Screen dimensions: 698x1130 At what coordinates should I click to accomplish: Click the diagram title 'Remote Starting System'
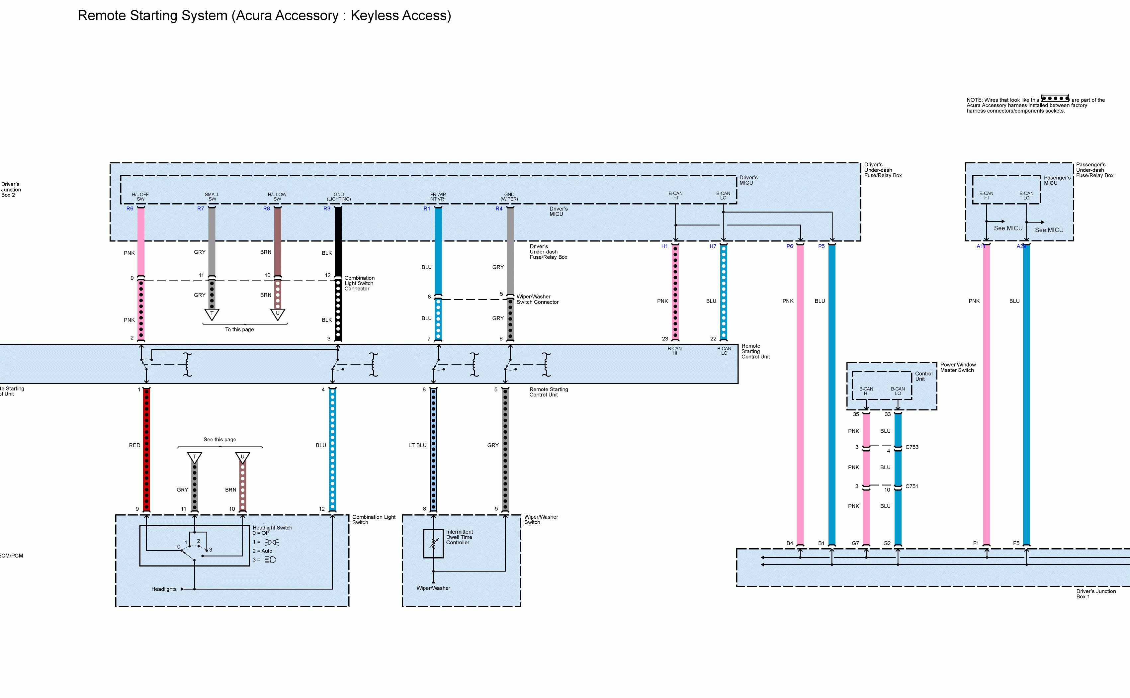264,15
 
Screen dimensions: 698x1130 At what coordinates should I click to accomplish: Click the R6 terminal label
130,209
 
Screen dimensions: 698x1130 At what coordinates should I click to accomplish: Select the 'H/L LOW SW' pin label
277,197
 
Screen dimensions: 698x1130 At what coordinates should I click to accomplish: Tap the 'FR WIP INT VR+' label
438,197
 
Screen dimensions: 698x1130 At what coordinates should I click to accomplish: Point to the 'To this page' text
239,330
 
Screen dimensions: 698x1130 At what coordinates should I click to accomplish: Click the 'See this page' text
220,439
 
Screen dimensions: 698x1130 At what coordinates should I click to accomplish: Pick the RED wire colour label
134,446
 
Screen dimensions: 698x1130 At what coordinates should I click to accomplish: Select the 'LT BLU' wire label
417,446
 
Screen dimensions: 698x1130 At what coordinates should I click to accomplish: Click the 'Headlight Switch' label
272,528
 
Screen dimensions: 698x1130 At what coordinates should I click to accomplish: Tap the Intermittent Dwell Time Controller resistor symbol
433,543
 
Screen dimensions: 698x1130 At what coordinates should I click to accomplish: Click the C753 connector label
912,447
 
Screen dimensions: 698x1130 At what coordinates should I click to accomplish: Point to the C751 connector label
911,486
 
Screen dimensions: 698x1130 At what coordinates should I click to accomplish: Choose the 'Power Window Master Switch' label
957,368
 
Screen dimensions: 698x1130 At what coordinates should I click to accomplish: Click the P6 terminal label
789,246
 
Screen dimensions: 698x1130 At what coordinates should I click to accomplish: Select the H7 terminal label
713,246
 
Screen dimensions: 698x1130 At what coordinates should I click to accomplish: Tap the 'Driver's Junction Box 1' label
1095,594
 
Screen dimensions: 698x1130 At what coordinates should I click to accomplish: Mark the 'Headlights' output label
164,589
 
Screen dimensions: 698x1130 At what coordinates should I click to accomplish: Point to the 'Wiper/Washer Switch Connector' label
537,300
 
